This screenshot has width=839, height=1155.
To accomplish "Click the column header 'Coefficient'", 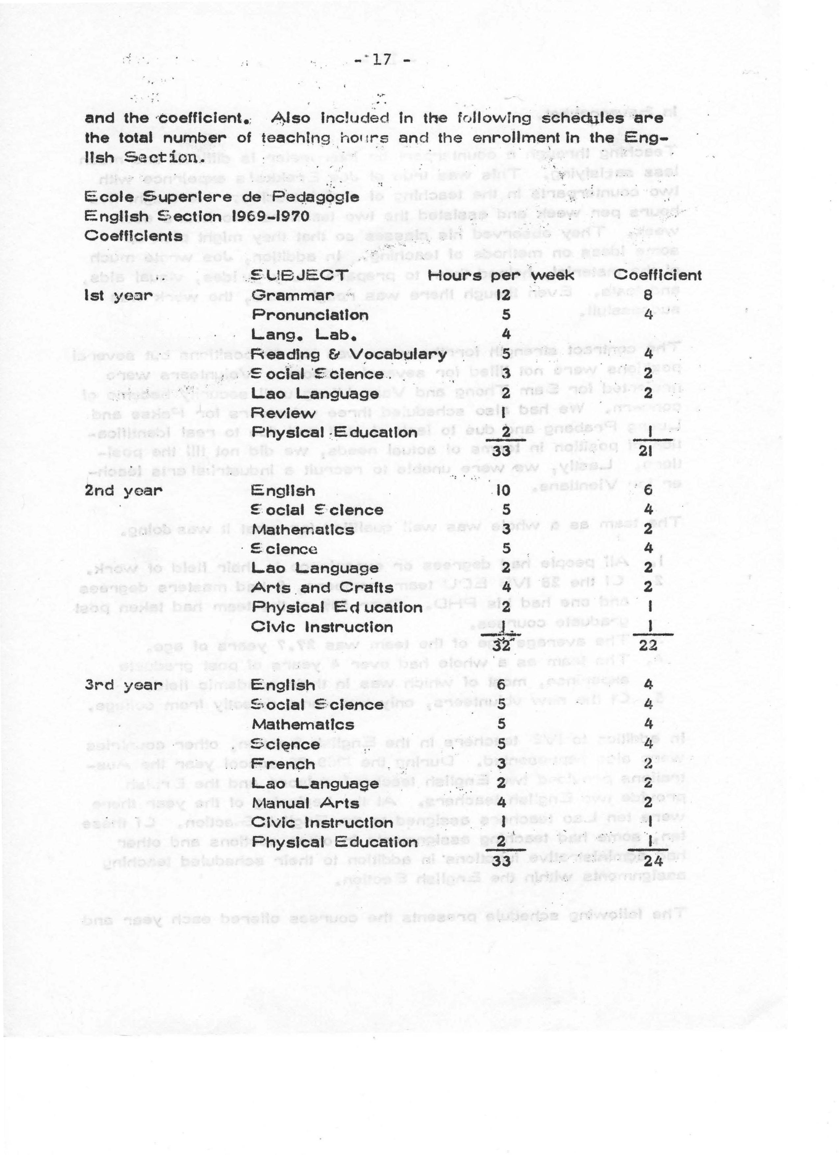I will (657, 276).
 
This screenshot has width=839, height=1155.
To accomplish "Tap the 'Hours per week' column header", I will (501, 276).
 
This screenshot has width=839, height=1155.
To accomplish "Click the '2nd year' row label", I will (123, 491).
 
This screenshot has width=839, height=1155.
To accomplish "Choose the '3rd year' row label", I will (123, 686).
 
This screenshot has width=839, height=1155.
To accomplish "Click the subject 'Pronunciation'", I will (310, 315).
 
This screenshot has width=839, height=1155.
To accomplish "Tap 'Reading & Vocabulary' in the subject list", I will (349, 354).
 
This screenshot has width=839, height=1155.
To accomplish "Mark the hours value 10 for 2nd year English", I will (503, 491).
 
